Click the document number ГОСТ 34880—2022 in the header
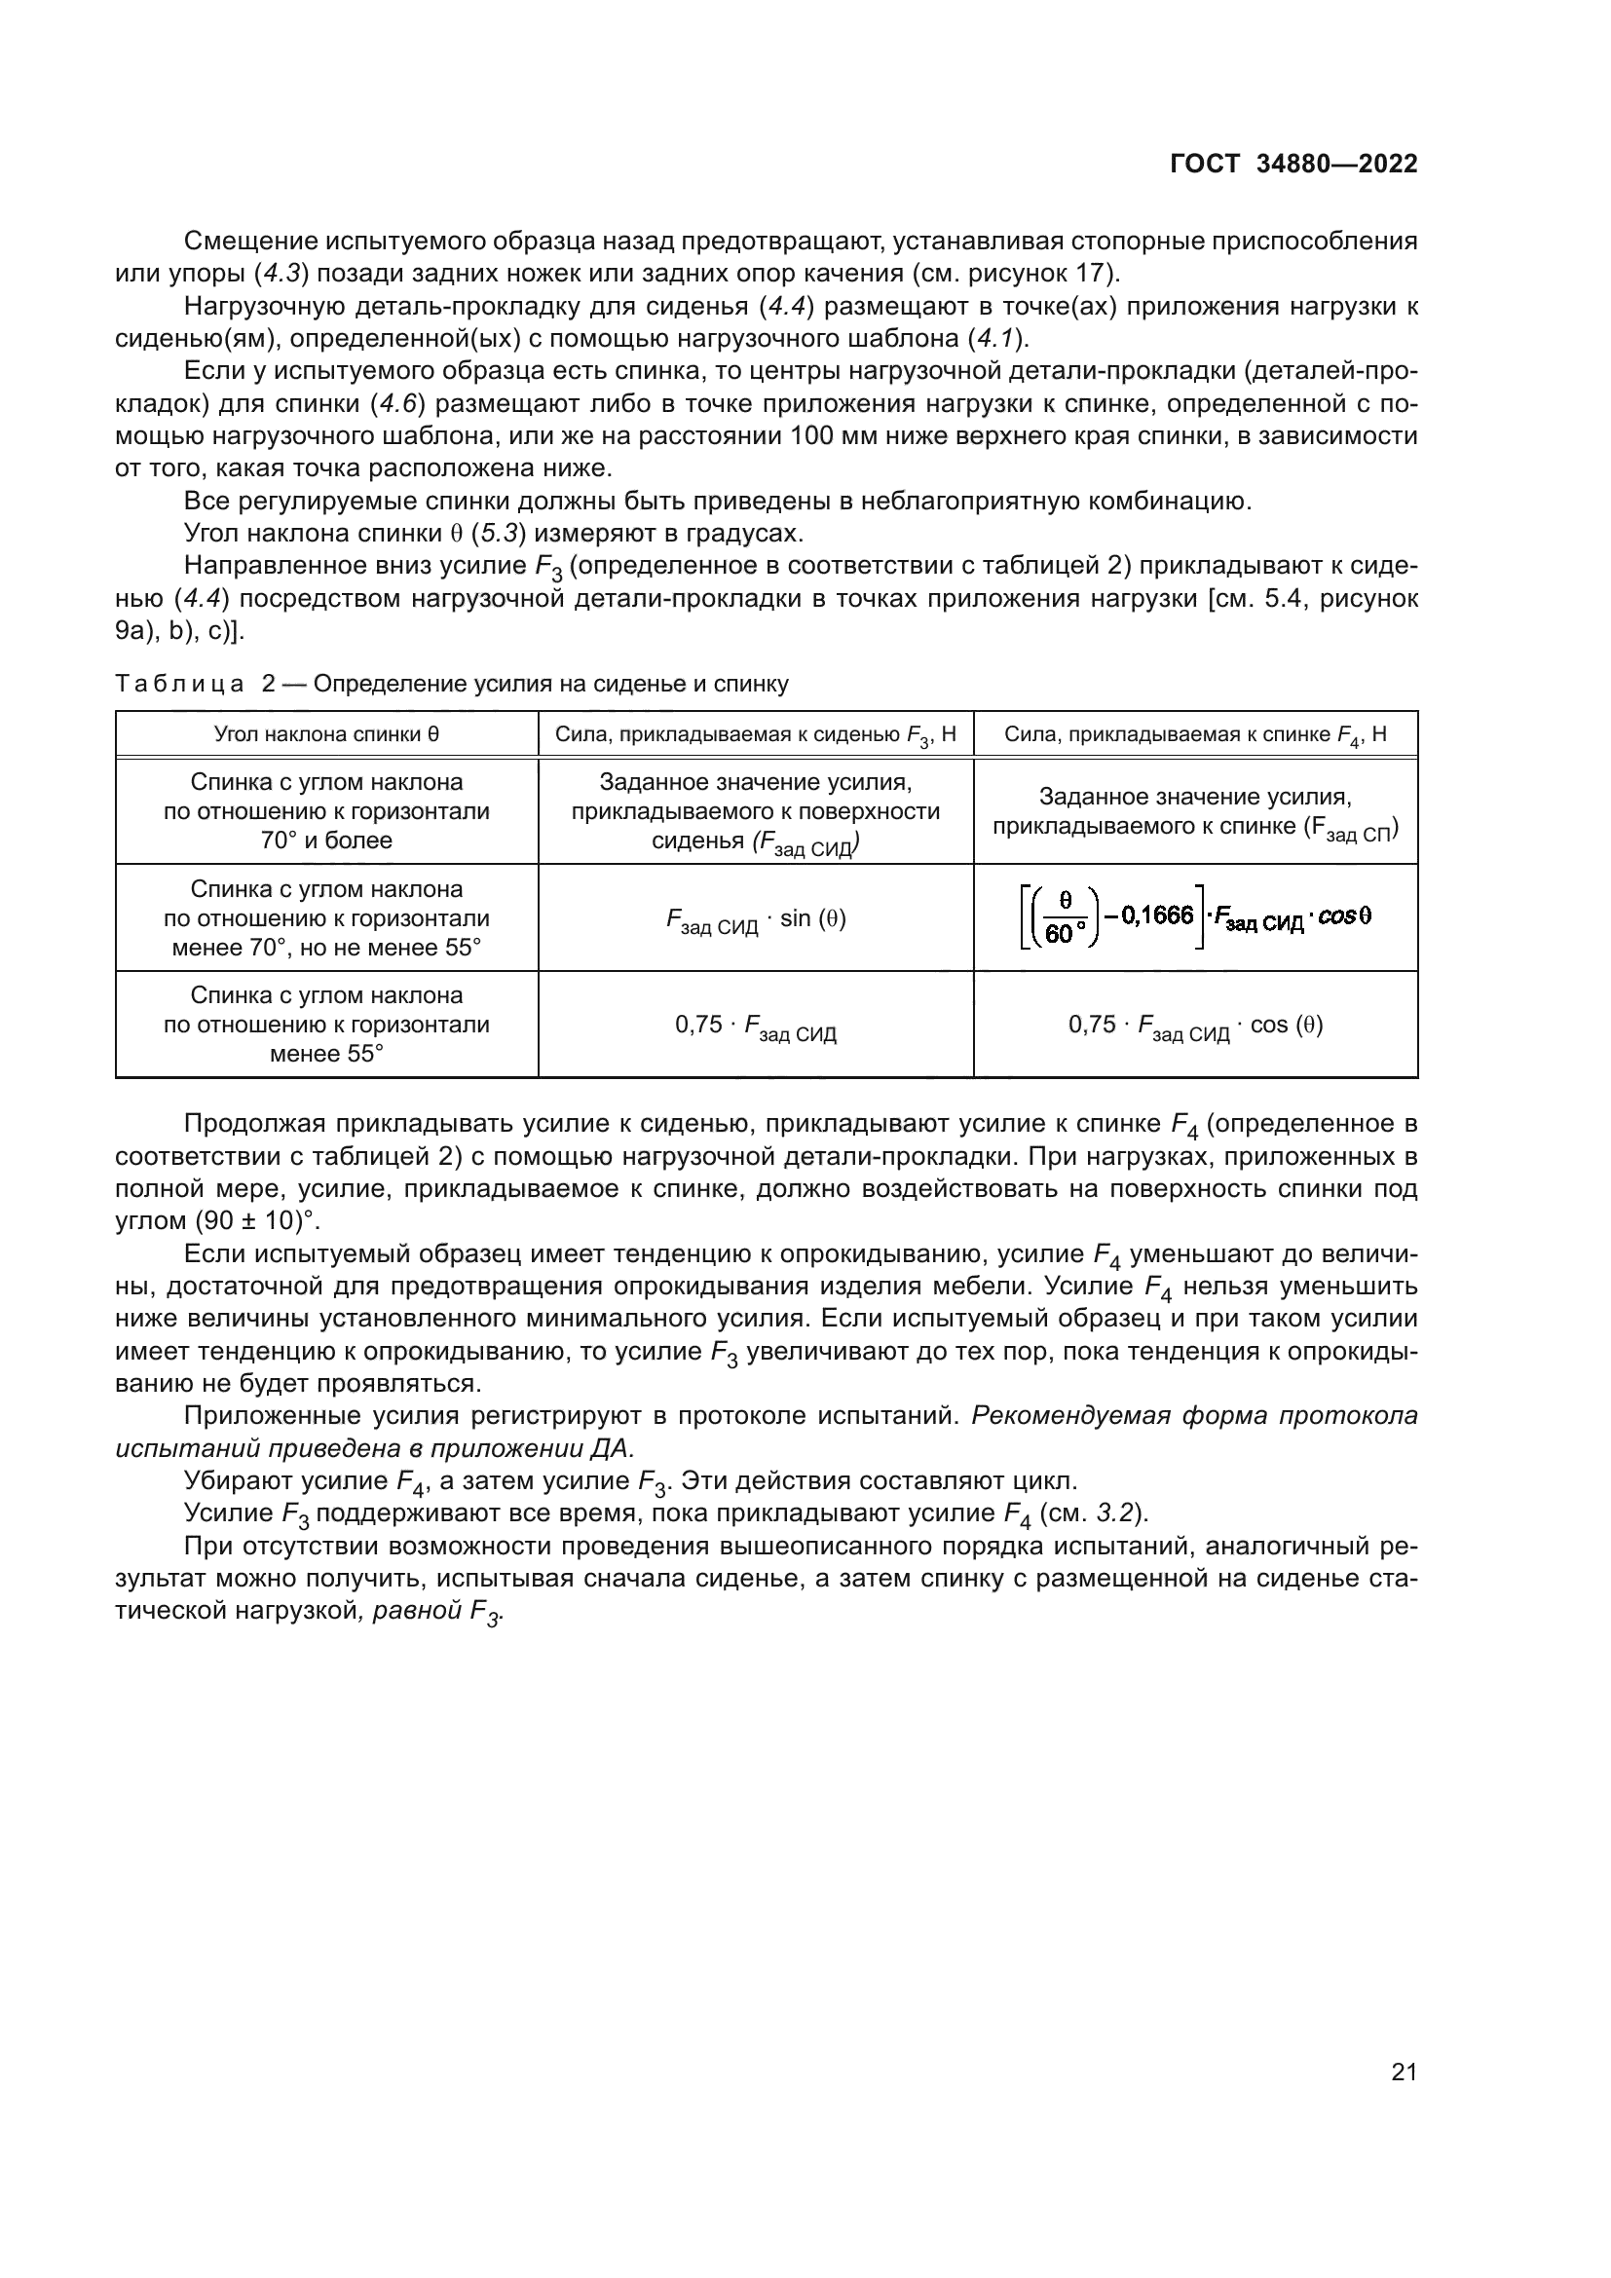point(1293,165)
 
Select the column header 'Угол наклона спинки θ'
point(326,734)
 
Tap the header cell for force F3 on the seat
point(755,735)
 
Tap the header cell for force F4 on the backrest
point(1194,735)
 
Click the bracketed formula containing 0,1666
point(1194,916)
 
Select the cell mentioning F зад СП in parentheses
point(1194,811)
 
